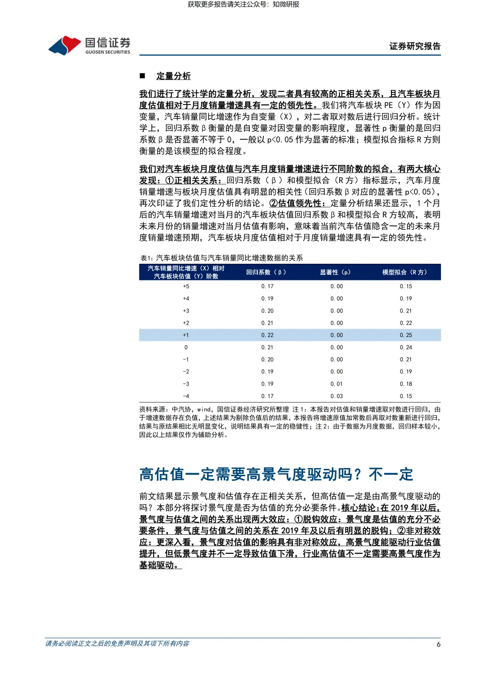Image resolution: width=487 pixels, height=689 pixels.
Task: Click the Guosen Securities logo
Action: click(89, 46)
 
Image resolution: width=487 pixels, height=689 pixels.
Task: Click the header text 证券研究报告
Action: click(415, 46)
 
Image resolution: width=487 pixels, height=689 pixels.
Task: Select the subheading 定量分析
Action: click(174, 76)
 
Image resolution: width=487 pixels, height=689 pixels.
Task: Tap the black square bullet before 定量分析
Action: click(142, 76)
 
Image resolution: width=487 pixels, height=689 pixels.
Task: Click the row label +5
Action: click(186, 286)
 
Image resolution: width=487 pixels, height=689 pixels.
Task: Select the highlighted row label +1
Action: click(186, 335)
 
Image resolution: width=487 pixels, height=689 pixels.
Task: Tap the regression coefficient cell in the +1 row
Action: click(267, 335)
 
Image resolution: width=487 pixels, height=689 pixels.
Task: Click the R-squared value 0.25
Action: click(406, 335)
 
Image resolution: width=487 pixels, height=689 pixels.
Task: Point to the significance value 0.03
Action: click(336, 396)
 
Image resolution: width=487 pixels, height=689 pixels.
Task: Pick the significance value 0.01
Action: click(336, 384)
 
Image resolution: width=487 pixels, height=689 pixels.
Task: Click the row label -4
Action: click(186, 396)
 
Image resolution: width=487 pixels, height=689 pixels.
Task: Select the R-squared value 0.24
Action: click(406, 347)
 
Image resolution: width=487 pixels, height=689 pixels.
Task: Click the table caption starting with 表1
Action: click(221, 258)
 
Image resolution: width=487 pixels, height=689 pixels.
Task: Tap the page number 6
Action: click(438, 644)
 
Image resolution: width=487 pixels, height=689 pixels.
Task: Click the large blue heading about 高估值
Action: click(276, 474)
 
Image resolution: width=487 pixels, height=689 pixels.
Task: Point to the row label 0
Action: click(186, 347)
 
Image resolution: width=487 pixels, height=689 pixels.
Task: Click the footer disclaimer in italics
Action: click(117, 643)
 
